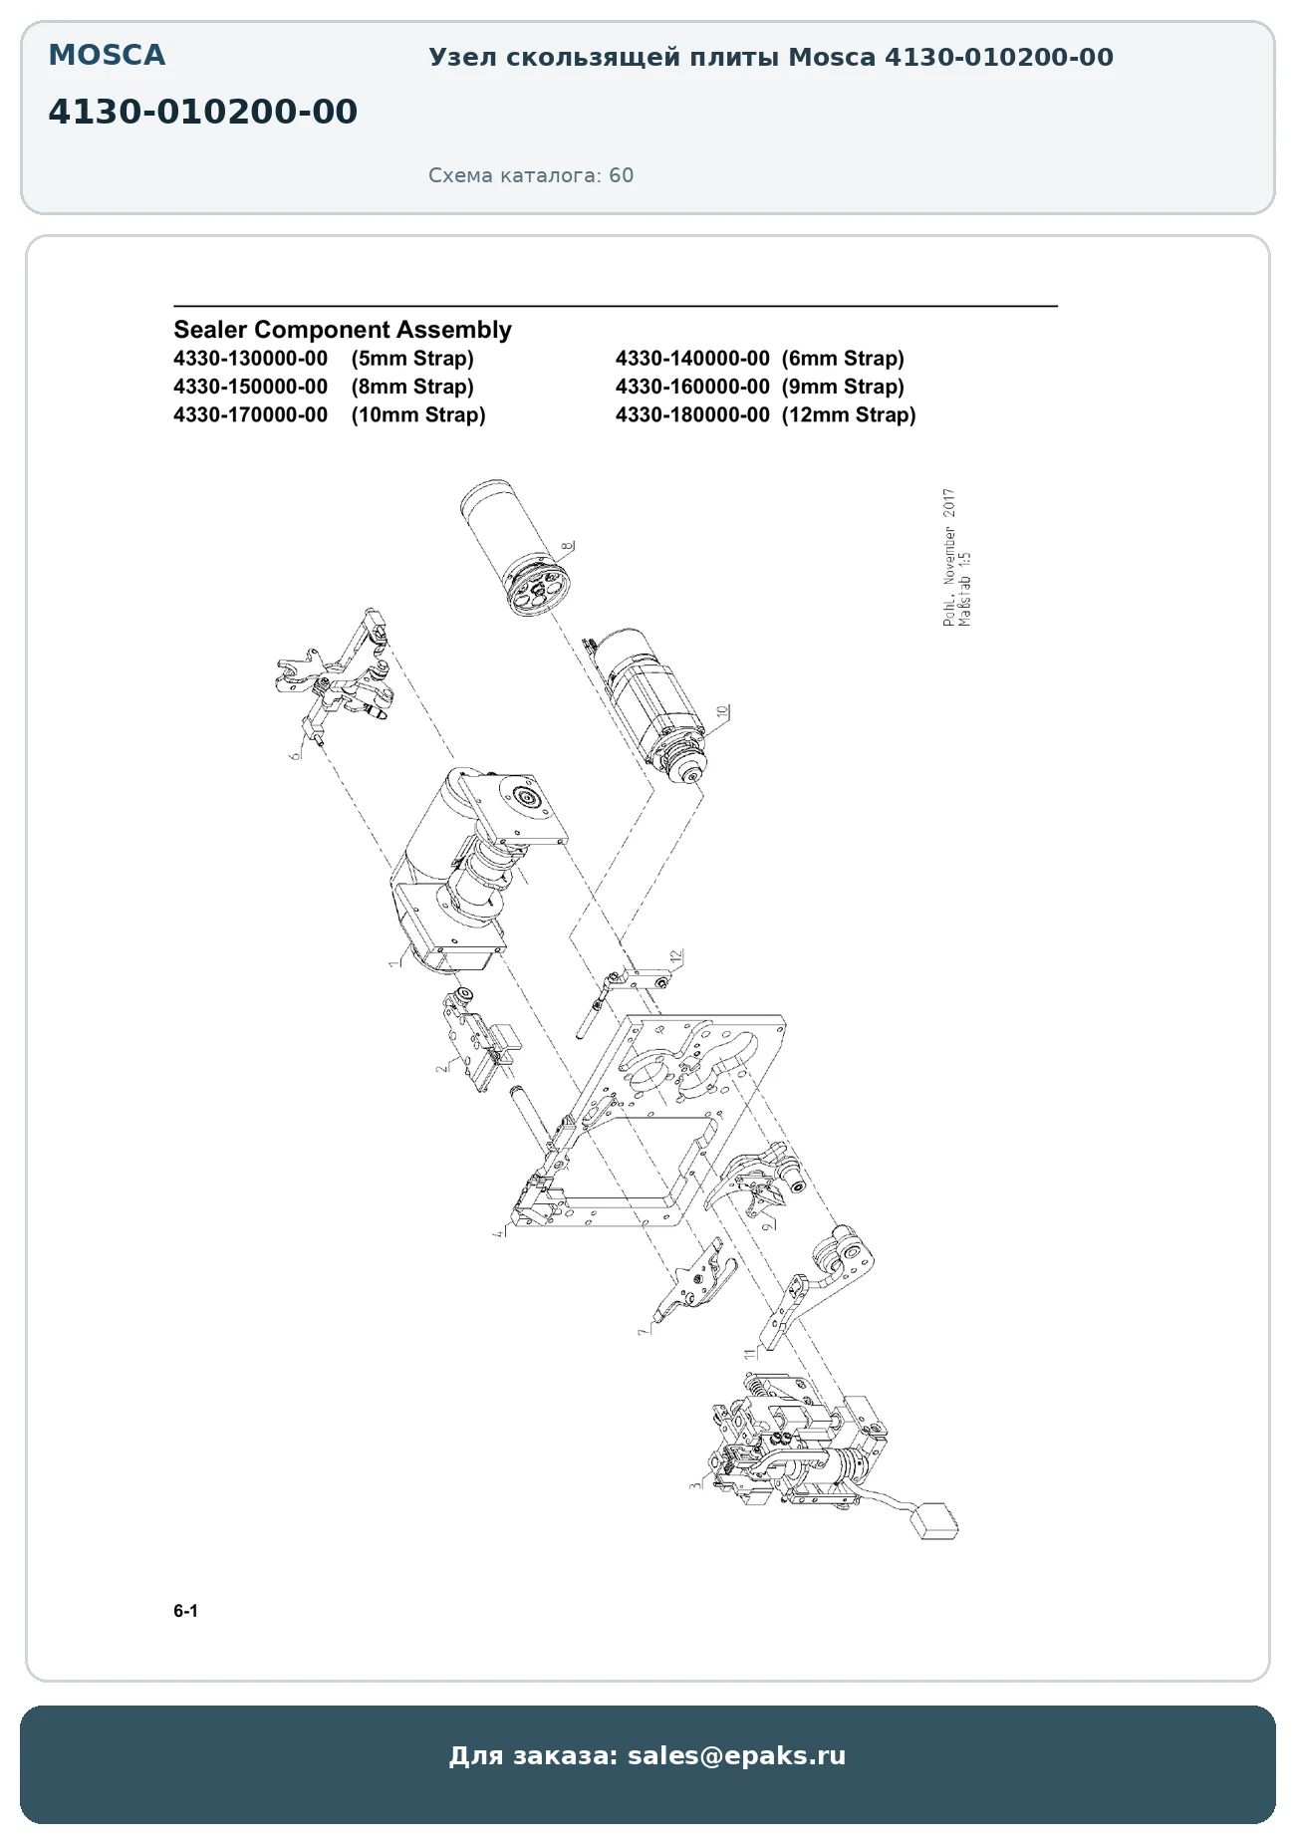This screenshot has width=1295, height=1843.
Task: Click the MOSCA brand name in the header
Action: pos(107,56)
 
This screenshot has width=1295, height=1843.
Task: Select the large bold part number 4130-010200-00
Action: pos(202,112)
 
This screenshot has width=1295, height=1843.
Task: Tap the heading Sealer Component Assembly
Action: pos(343,330)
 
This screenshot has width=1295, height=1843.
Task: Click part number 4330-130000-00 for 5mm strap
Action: pos(250,359)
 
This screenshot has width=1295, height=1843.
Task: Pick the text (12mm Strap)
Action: pos(849,414)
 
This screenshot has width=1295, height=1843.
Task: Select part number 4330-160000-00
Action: pos(692,387)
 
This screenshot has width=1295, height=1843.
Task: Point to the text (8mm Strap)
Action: pos(412,387)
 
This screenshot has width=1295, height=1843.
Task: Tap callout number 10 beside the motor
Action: pos(723,712)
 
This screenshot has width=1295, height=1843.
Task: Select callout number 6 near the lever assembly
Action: pos(295,755)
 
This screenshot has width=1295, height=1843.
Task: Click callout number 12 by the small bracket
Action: pos(676,957)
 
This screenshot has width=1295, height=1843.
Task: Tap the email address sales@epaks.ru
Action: pos(736,1755)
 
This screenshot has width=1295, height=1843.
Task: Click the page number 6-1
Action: pos(185,1611)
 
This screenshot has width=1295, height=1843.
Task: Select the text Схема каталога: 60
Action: pos(531,175)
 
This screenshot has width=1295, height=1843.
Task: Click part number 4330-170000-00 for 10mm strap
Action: pos(250,414)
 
